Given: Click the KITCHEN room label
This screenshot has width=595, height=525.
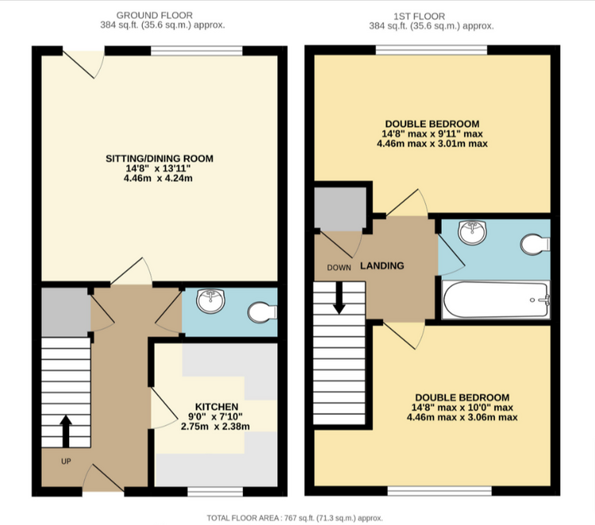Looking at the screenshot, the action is pos(217,407).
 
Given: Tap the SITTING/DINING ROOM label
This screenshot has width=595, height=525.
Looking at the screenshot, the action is pos(159,159).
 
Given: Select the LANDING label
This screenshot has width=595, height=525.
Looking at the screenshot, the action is pos(382,266).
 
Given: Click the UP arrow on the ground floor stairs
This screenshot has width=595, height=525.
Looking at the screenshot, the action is pos(66,431).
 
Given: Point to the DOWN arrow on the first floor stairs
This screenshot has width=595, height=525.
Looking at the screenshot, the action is pos(339,297).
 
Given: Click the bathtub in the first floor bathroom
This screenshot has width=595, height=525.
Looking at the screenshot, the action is pos(496,300).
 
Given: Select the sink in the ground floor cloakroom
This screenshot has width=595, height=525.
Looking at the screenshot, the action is pos(210,301).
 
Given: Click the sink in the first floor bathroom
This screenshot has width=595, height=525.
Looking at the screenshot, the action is pos(472,232).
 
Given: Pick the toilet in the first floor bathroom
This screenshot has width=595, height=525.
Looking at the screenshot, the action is pos(535,244).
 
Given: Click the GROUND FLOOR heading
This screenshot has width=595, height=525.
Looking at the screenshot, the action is pos(155,16).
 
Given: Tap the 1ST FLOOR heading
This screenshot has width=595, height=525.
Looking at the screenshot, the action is pos(419,17).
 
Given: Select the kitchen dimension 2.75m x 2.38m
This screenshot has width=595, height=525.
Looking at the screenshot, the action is pos(215,427).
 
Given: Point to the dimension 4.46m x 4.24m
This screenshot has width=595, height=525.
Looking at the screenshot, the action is pos(158,178).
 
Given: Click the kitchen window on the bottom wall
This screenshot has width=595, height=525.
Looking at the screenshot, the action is pos(215,492).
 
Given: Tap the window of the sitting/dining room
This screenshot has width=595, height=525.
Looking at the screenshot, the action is pos(197,51).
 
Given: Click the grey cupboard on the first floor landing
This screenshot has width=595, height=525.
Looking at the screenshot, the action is pos(340,209).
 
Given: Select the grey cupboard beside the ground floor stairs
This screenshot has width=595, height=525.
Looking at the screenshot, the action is pos(65,312).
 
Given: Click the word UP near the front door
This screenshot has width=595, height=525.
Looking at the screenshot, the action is pos(66,462).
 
